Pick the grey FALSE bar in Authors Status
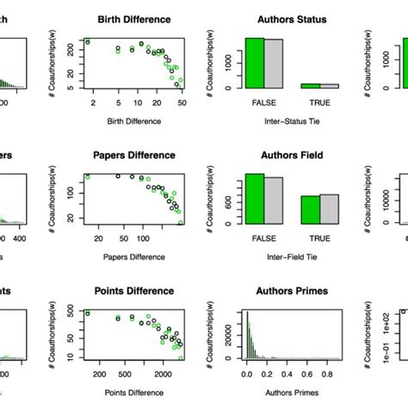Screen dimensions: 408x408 [x=273, y=64]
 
